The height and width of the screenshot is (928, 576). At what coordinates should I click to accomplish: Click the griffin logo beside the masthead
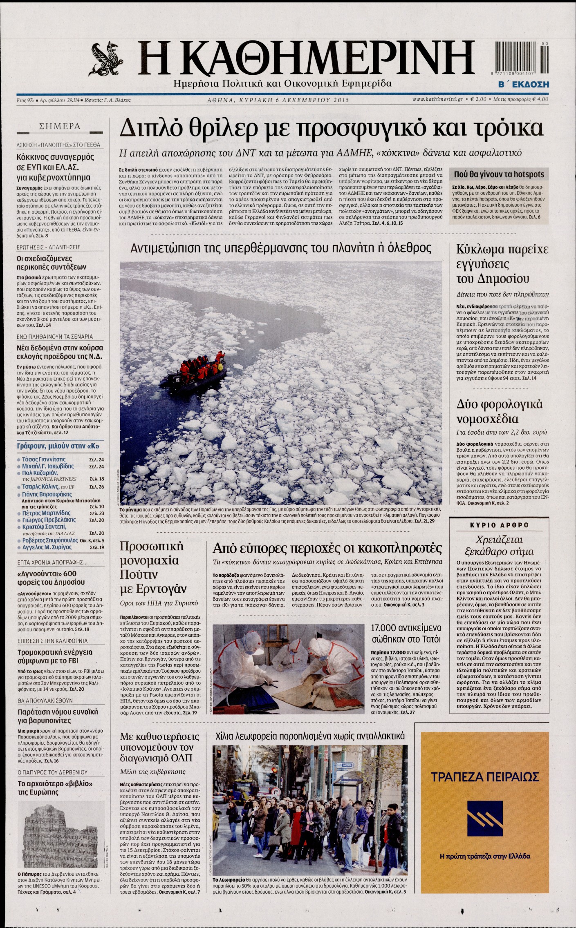click(x=107, y=60)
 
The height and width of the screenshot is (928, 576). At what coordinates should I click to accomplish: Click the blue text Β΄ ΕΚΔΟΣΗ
click(x=523, y=85)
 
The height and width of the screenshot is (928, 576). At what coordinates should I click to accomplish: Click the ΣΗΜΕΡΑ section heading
click(x=59, y=127)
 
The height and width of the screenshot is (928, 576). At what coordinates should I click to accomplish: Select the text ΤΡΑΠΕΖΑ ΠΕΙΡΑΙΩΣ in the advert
click(x=484, y=776)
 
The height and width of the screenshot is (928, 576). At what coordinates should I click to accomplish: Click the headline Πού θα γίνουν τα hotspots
click(x=499, y=174)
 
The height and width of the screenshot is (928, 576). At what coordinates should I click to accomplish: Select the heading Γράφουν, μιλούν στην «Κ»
click(x=58, y=446)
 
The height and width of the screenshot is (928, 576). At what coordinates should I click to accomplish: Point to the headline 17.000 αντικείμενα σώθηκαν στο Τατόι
click(x=406, y=633)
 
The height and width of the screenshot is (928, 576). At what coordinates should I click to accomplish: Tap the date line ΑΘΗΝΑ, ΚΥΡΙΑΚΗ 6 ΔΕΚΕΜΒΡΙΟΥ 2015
click(x=278, y=100)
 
